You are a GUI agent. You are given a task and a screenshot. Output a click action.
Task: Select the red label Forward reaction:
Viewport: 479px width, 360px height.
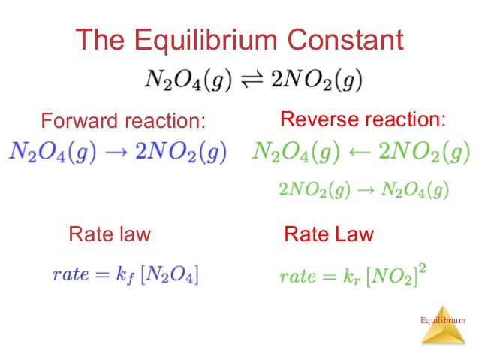point(122,121)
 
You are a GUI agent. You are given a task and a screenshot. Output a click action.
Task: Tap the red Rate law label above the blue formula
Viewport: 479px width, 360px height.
point(110,234)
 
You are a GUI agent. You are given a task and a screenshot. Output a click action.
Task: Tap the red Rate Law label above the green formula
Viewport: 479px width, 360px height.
point(329,234)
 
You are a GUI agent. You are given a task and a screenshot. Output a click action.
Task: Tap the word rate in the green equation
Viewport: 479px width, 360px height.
point(298,277)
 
